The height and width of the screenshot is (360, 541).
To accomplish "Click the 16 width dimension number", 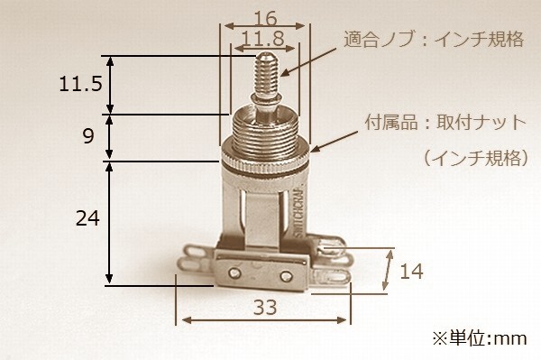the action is (265, 18).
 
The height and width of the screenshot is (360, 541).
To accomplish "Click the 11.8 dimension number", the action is (263, 38).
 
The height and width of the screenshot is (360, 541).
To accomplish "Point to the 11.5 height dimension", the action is (81, 84).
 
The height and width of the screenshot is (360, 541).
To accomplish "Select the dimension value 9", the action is (88, 136).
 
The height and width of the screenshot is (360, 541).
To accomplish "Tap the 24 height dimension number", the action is (87, 218).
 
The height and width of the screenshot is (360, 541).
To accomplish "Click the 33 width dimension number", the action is (265, 307).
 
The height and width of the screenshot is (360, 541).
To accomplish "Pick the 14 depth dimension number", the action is (411, 271).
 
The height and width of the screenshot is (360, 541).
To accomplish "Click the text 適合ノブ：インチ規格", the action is (434, 40).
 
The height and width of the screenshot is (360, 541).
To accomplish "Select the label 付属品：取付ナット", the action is (445, 123).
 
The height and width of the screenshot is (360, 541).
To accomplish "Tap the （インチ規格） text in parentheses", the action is (476, 159).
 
